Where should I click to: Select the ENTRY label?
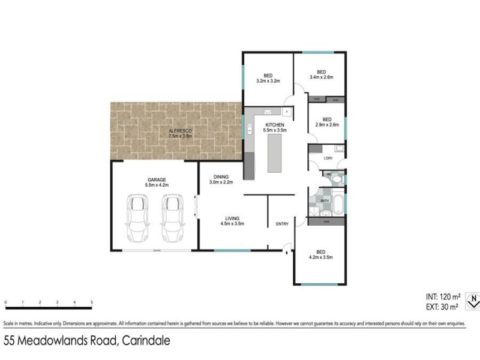click(x=282, y=224)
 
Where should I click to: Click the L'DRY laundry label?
click(x=328, y=158)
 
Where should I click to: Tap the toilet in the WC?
click(x=337, y=178)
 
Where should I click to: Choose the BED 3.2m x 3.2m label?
click(x=268, y=77)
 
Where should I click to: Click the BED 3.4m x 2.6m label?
click(x=320, y=74)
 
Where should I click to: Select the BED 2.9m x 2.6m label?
click(x=327, y=122)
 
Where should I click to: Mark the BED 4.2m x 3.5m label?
click(x=320, y=254)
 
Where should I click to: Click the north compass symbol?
click(x=473, y=299)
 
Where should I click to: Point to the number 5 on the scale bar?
click(x=91, y=302)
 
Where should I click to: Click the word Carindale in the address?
click(x=145, y=341)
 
